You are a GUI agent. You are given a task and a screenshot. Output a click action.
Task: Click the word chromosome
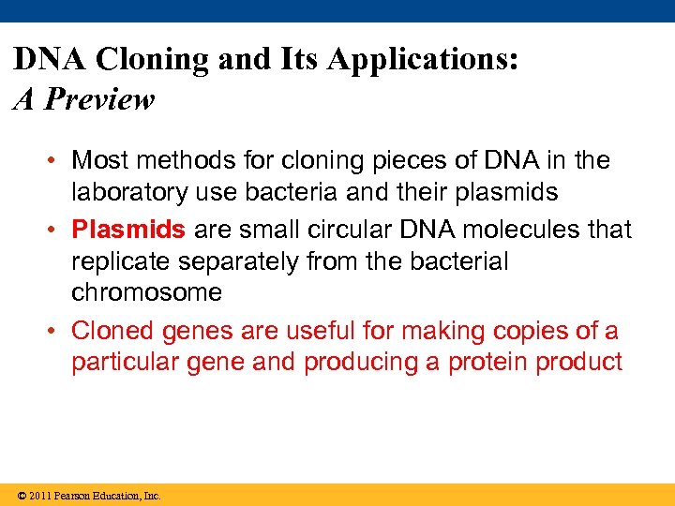[x=146, y=292]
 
